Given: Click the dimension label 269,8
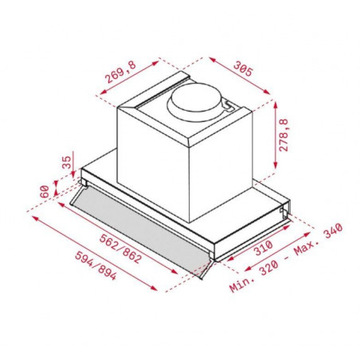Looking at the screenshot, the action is tap(121, 72).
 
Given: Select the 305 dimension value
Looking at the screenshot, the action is tap(243, 68).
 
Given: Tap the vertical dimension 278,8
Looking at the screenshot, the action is tap(284, 135).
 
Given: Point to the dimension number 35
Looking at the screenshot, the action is tap(67, 162).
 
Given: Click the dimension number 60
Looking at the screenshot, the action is tap(45, 191).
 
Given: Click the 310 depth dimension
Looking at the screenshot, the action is tap(264, 248).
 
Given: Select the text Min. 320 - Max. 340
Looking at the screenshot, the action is tap(286, 258).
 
